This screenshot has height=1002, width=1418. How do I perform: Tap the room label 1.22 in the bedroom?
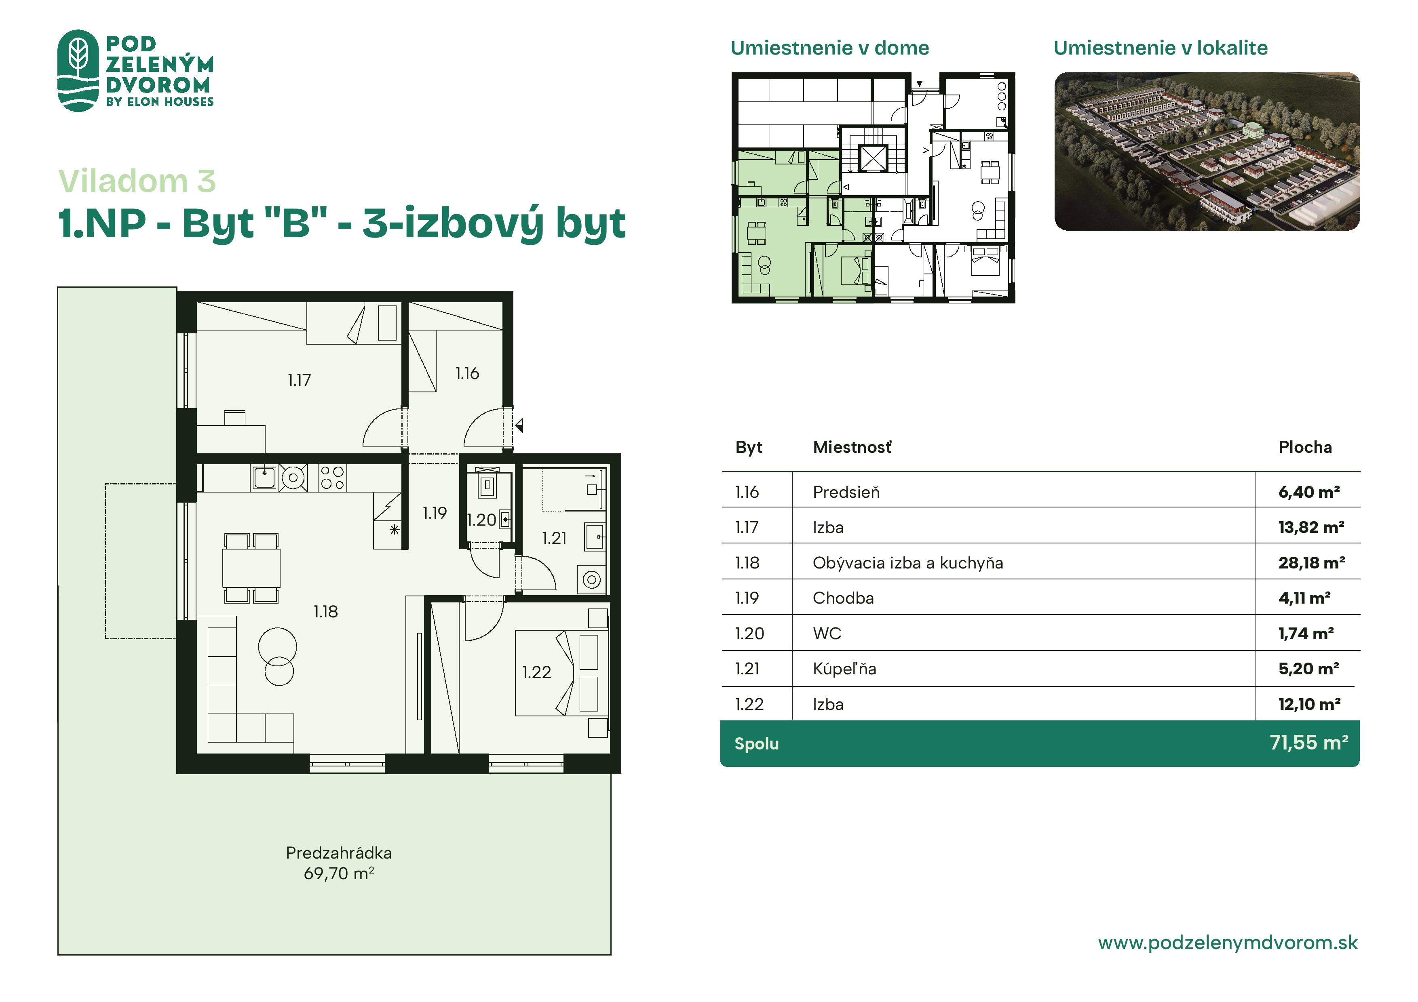(536, 672)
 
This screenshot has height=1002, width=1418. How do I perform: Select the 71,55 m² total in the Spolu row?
(1309, 743)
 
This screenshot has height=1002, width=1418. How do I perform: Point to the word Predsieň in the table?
(846, 492)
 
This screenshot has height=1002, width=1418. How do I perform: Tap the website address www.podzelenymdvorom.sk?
(1228, 942)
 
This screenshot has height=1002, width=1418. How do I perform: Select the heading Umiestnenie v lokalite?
(1161, 48)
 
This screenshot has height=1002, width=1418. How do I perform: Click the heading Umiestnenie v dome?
(829, 48)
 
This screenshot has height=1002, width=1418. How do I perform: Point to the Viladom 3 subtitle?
(137, 181)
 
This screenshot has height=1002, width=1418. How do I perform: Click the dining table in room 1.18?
(251, 567)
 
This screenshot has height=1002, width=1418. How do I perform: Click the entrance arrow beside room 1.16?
(519, 425)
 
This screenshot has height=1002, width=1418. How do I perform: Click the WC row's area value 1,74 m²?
(1306, 634)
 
